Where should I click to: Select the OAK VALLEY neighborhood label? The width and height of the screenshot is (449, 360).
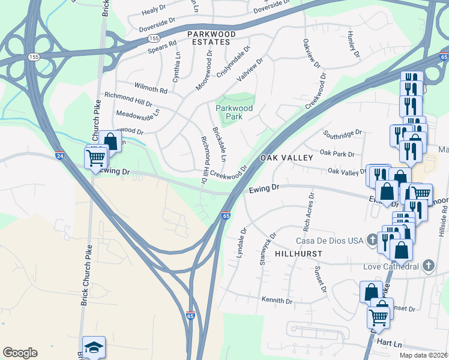pos(286,157)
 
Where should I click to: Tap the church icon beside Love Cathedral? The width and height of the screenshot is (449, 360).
pos(428,265)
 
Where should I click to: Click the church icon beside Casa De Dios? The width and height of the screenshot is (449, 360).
pos(372,240)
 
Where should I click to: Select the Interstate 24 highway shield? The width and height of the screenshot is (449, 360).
pos(59,155)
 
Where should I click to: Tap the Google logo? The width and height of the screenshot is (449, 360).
pos(20,353)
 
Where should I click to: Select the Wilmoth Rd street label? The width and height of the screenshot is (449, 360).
pos(150,90)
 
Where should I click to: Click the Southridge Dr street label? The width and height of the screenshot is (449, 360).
pos(343,132)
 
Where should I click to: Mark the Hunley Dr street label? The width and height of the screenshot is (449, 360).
pos(352,46)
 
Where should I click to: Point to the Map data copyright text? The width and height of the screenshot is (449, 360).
pos(424,355)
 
